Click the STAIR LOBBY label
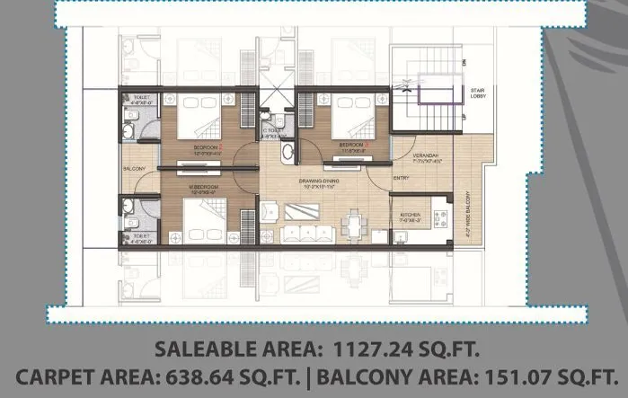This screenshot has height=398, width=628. [x=478, y=95]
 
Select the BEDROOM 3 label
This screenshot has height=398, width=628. [x=353, y=144]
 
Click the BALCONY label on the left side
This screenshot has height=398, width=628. [x=135, y=167]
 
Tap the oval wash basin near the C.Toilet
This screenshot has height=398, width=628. [x=287, y=154]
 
